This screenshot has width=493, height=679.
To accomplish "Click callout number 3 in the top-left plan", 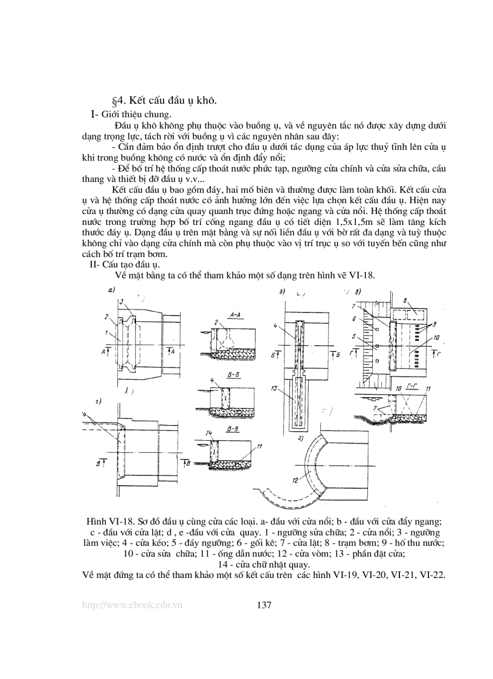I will (x=121, y=301).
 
